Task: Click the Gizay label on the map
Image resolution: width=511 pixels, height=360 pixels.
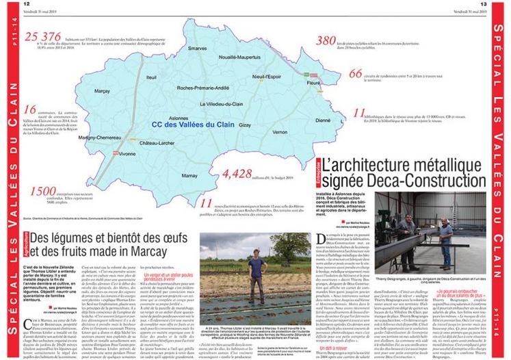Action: [x=245, y=126]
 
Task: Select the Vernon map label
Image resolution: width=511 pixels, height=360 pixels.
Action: [x=279, y=131]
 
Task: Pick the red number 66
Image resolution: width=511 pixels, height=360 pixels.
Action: [x=356, y=74]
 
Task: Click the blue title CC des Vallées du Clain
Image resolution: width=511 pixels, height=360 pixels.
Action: [x=192, y=125]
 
